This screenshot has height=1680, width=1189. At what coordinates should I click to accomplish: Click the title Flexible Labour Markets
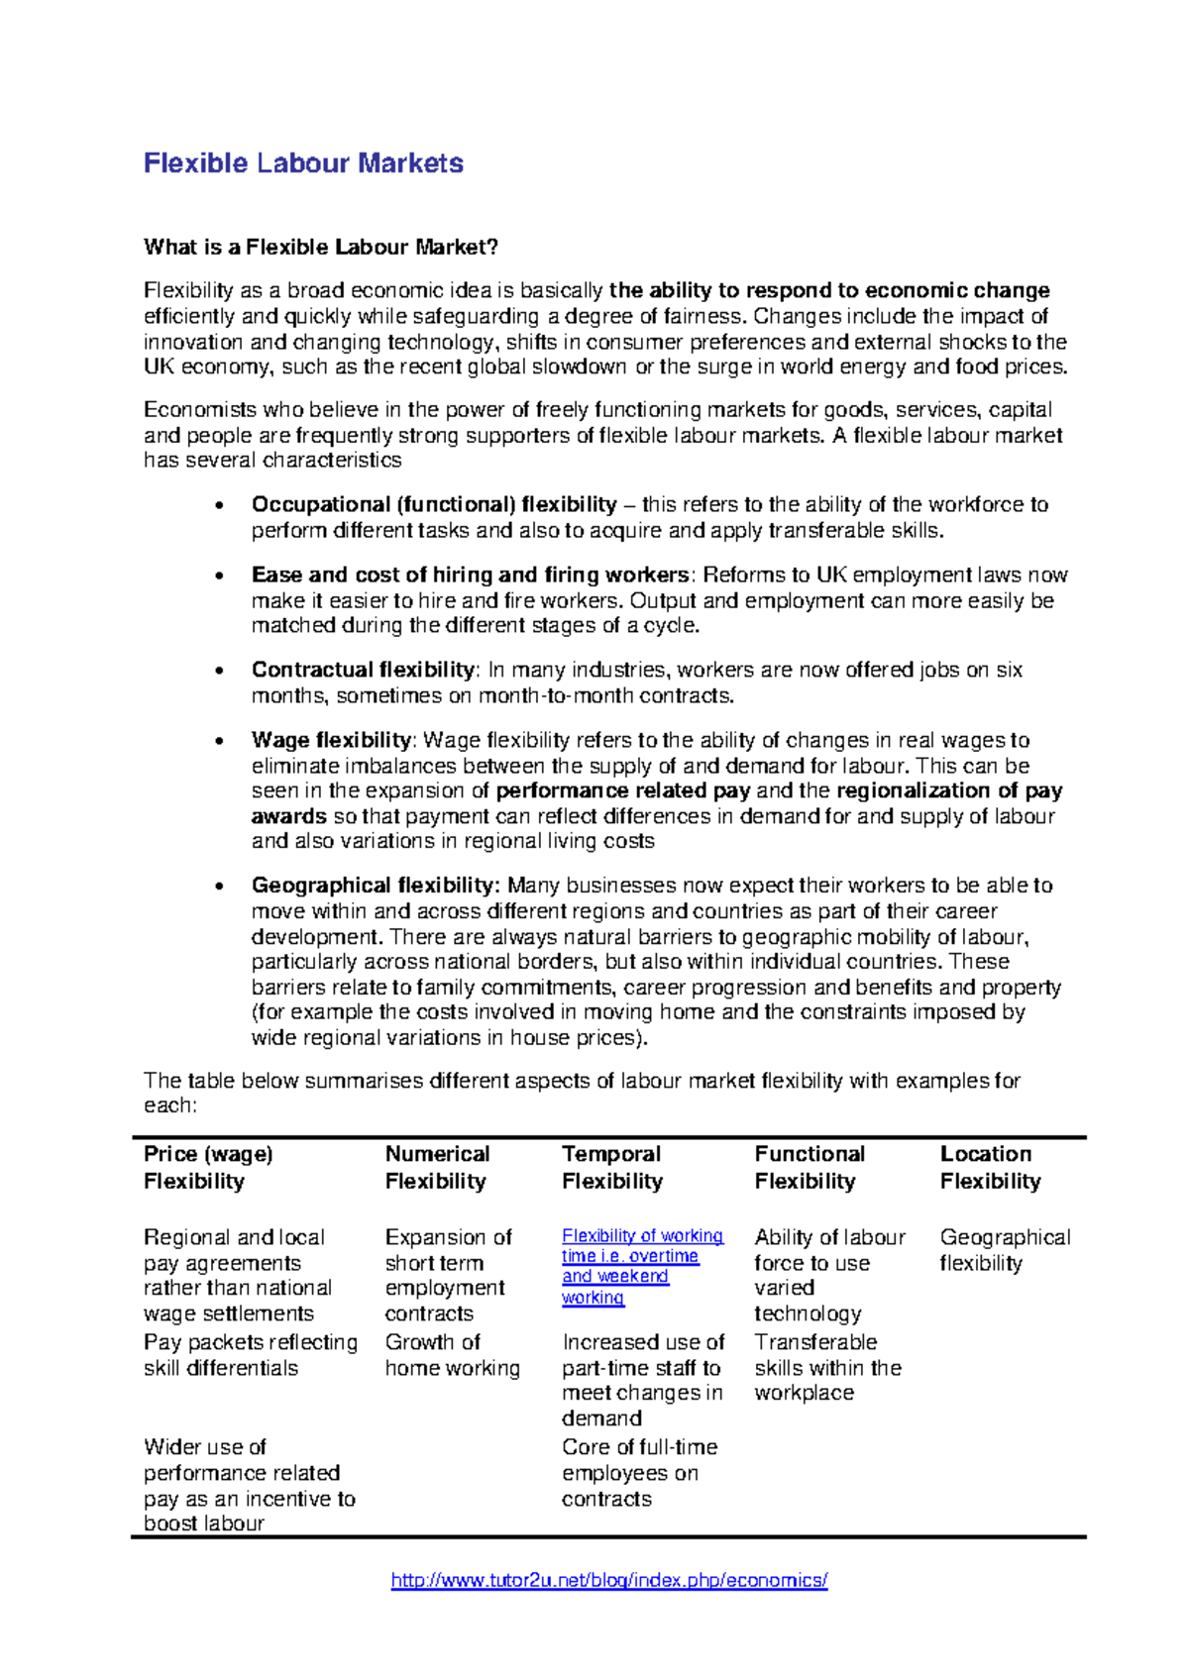[x=303, y=163]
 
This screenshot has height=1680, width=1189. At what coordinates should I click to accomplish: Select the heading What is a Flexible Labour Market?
[x=320, y=247]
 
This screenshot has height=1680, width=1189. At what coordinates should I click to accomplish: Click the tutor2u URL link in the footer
[x=608, y=1580]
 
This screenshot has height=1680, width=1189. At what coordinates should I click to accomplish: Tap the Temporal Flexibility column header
[x=611, y=1167]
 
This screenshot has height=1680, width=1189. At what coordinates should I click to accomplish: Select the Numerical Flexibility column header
[x=436, y=1167]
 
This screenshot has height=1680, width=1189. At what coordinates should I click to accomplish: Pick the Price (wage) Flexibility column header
[x=208, y=1167]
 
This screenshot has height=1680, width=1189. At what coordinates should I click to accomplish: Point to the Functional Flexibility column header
[x=809, y=1167]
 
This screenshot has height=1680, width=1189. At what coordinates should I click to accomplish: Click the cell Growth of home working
[x=452, y=1355]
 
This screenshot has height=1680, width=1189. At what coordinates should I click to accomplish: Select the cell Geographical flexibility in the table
[x=1004, y=1249]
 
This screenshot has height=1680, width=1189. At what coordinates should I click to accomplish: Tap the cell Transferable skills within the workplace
[x=826, y=1367]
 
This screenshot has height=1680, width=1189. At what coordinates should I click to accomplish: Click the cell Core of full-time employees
[x=639, y=1472]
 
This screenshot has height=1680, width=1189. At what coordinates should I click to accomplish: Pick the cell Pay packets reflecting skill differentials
[x=250, y=1355]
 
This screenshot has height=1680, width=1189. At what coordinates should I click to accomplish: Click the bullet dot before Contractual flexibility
[x=219, y=671]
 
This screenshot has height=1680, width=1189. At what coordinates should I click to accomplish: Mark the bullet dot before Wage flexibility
[x=219, y=741]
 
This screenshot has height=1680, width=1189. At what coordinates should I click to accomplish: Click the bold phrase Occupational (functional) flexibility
[x=433, y=504]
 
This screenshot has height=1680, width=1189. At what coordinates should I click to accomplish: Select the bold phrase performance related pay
[x=624, y=790]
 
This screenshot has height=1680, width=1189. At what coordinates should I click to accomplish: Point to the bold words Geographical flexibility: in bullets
[x=375, y=885]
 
